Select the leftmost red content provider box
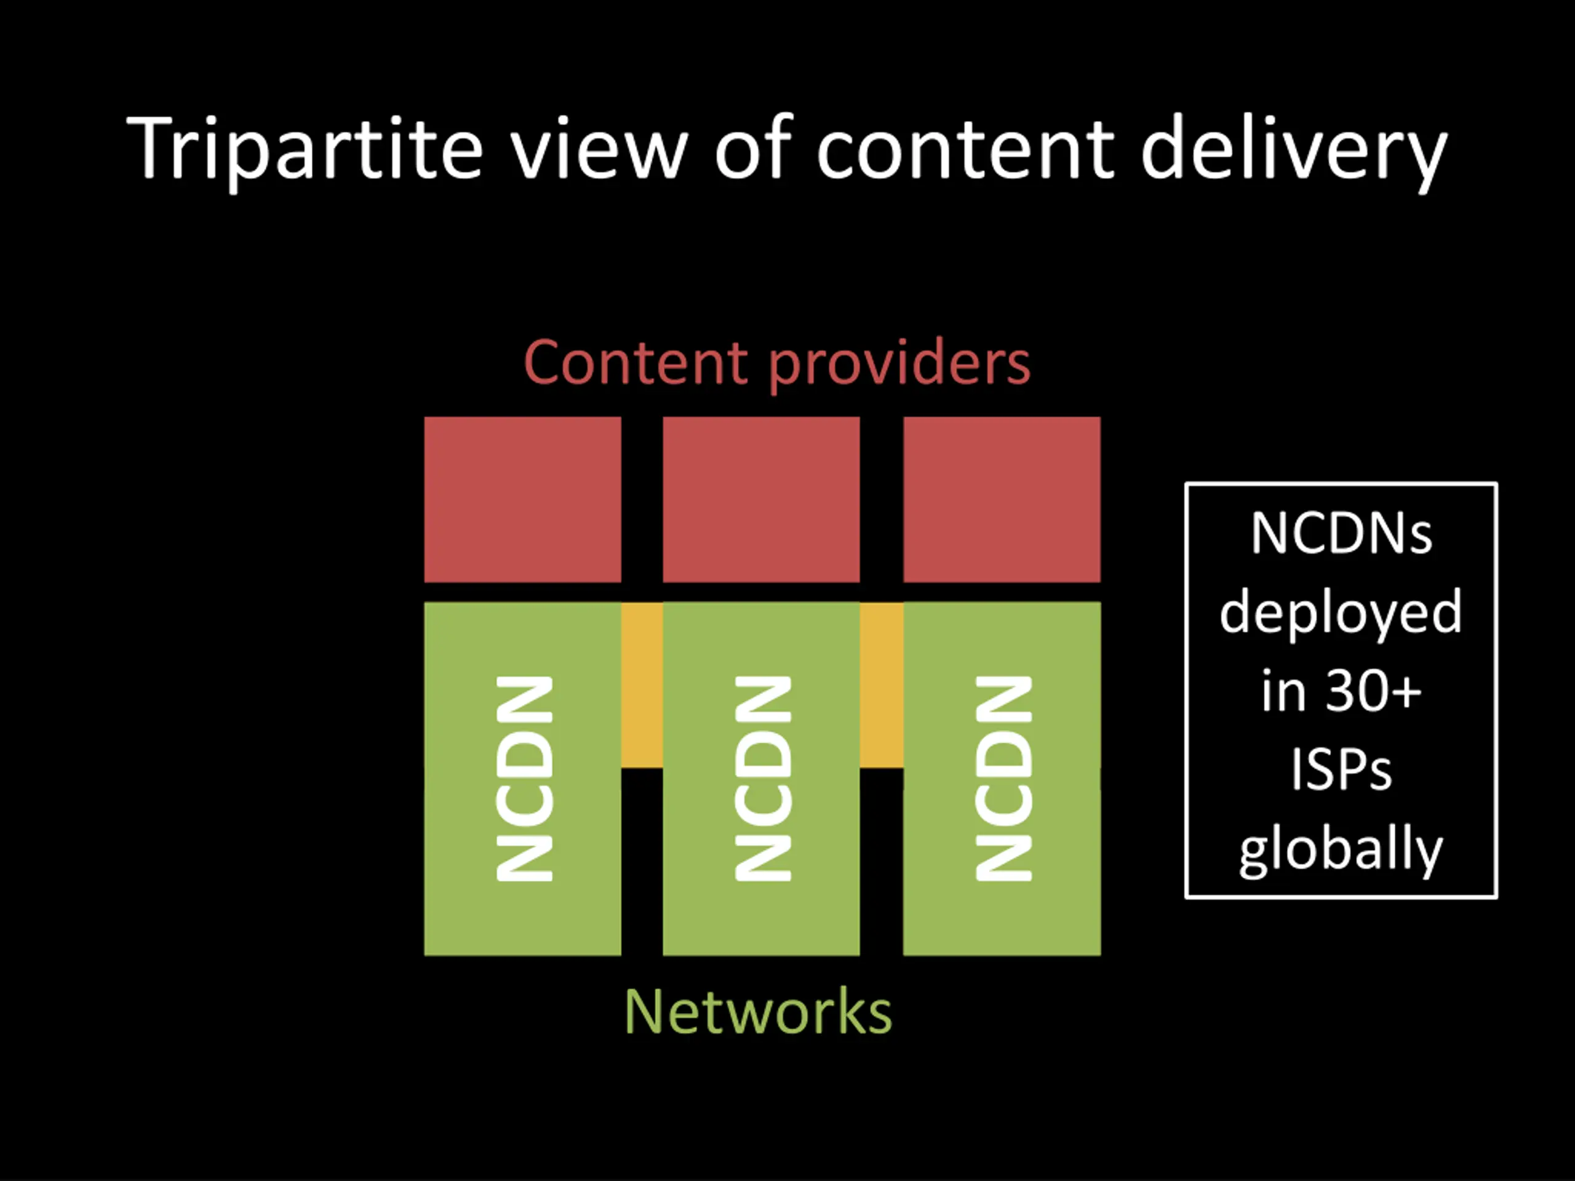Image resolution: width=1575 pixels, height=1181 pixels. [522, 499]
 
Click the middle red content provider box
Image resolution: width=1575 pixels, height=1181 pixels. [761, 499]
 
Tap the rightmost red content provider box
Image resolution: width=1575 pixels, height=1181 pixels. [1002, 499]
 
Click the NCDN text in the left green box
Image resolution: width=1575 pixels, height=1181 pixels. [524, 779]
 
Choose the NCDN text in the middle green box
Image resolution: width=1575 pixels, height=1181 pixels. [762, 779]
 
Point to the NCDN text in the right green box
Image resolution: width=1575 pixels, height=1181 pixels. [1003, 779]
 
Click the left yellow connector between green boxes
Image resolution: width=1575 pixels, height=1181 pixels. [642, 685]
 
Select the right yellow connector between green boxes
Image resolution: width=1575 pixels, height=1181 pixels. [882, 685]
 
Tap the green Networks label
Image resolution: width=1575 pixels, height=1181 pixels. [757, 1012]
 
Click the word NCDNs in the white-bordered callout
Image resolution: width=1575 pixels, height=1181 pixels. [1341, 533]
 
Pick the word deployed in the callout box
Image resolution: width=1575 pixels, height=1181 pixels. [1341, 612]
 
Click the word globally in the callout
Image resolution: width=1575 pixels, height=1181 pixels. [1341, 851]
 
